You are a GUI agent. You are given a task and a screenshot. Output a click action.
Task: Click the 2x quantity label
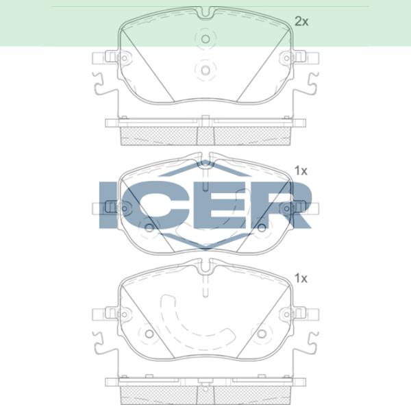pyautogui.click(x=301, y=21)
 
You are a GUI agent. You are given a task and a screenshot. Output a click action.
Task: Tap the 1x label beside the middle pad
pyautogui.click(x=301, y=171)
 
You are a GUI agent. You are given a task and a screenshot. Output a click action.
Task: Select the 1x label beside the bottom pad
pyautogui.click(x=301, y=278)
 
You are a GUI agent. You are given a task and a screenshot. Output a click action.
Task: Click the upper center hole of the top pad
pyautogui.click(x=205, y=39)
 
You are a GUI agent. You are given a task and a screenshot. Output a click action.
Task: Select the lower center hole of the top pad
pyautogui.click(x=205, y=70)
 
